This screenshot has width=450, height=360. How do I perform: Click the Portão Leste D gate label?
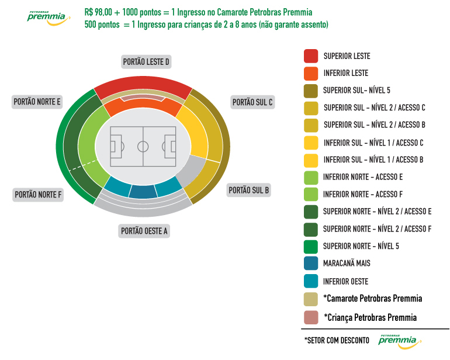pyautogui.click(x=146, y=62)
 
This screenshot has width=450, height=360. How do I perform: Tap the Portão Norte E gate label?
pyautogui.click(x=37, y=102)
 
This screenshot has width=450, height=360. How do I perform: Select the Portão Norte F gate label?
pyautogui.click(x=38, y=195)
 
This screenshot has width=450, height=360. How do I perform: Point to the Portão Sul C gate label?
pyautogui.click(x=252, y=102)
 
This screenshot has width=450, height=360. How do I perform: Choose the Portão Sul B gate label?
pyautogui.click(x=249, y=190)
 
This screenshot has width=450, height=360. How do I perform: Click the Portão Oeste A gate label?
pyautogui.click(x=144, y=231)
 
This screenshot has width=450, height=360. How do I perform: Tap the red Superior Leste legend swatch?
pyautogui.click(x=311, y=56)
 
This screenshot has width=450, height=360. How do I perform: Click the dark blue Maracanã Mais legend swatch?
pyautogui.click(x=311, y=263)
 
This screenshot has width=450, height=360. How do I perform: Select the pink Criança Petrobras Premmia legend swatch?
pyautogui.click(x=311, y=317)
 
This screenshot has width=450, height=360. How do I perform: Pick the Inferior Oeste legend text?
pyautogui.click(x=345, y=282)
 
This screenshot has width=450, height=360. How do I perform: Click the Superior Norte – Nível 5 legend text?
pyautogui.click(x=361, y=246)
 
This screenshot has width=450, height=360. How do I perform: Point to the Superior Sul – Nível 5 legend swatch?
pyautogui.click(x=311, y=91)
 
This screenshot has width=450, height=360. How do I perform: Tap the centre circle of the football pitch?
pyautogui.click(x=143, y=147)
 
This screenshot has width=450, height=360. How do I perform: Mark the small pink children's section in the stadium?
pyautogui.click(x=143, y=98)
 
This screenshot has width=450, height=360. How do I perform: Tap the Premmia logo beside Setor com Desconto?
pyautogui.click(x=400, y=342)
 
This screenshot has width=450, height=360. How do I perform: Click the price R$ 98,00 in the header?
pyautogui.click(x=98, y=12)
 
